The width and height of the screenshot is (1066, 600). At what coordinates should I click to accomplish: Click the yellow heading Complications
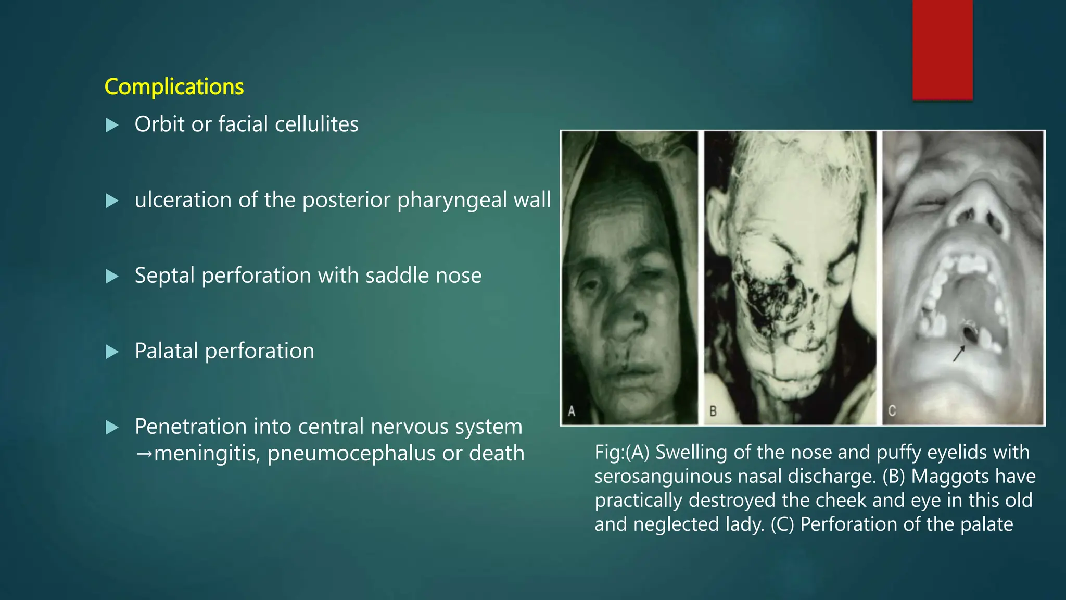[x=174, y=86]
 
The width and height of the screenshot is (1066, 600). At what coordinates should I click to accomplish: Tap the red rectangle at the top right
[x=942, y=49]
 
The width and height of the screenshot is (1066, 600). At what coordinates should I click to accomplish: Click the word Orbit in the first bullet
[x=160, y=124]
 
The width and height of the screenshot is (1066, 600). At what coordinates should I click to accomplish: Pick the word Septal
[x=164, y=276]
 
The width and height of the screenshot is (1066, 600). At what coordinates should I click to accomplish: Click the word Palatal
[x=167, y=351]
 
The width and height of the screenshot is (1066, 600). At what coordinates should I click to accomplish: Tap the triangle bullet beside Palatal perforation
[x=112, y=352]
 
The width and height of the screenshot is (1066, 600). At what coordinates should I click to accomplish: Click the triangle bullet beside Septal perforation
[x=112, y=277]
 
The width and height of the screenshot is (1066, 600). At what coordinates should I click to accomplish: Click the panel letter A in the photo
[x=572, y=411]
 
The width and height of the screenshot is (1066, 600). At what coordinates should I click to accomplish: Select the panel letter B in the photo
[x=713, y=411]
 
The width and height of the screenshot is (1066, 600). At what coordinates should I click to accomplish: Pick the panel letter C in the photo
[x=892, y=411]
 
